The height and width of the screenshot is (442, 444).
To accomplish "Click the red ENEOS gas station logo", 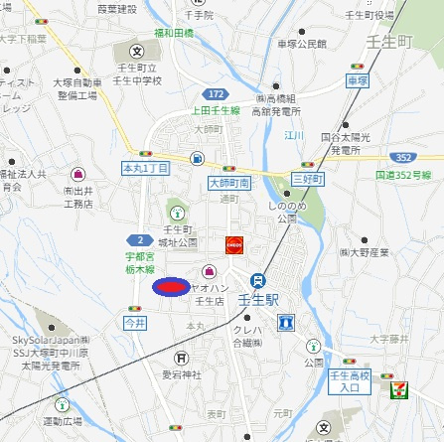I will click(234, 244).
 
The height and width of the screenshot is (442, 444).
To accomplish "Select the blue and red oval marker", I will click(169, 287).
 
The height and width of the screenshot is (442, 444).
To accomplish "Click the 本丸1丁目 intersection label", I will click(145, 169).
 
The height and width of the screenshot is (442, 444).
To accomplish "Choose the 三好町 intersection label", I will click(308, 177).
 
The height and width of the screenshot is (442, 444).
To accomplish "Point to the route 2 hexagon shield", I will click(141, 240).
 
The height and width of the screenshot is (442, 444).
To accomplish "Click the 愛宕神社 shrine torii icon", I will click(180, 358).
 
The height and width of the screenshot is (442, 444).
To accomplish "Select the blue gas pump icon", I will click(198, 158).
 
